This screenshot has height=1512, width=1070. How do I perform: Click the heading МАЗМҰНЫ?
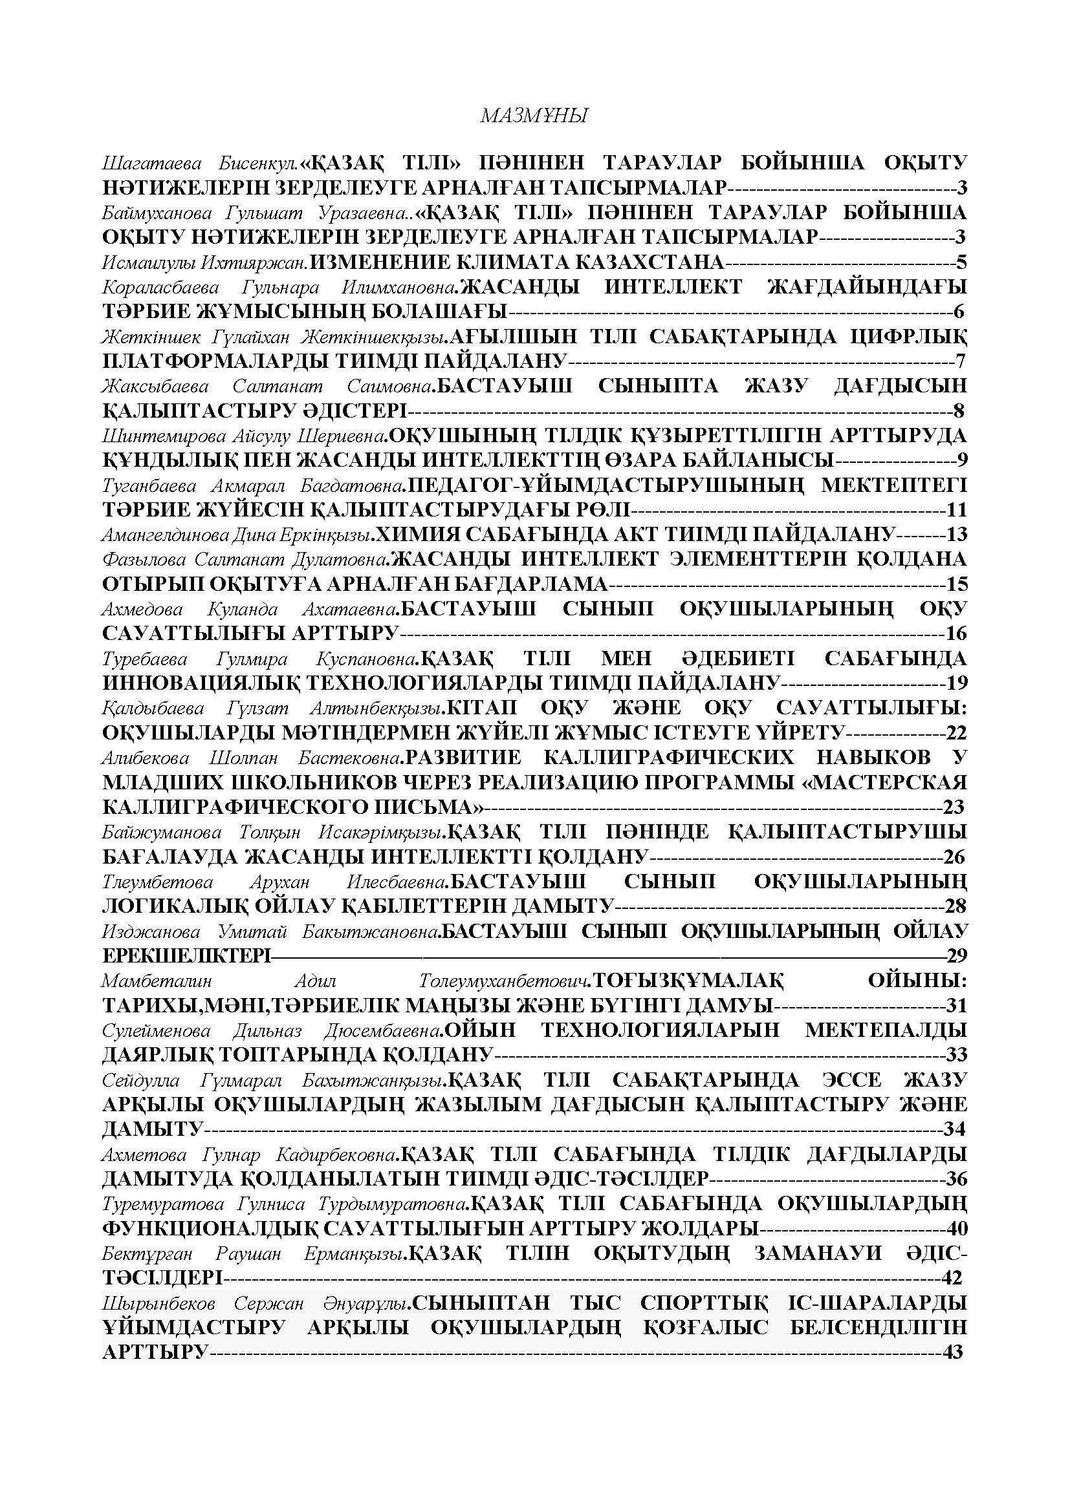(x=534, y=116)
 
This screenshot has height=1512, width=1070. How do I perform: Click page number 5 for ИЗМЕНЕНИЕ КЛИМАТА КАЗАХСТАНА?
(x=961, y=262)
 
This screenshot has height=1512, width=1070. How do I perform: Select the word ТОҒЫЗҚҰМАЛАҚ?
(x=688, y=981)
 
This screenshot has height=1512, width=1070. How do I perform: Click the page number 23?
(x=954, y=807)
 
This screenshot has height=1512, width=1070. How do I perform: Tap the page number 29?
(x=956, y=955)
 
